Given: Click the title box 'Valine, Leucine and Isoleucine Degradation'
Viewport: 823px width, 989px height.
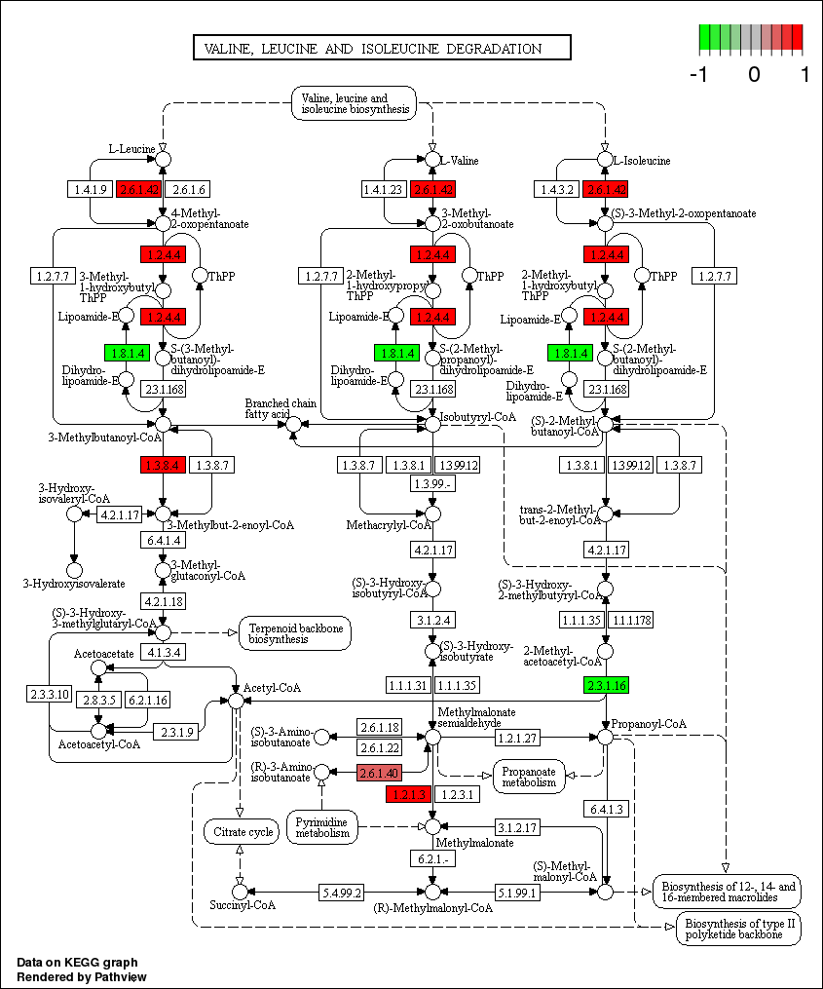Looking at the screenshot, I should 381,49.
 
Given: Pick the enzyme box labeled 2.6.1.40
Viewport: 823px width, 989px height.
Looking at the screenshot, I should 380,774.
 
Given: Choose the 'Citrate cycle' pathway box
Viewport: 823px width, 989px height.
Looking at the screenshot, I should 240,831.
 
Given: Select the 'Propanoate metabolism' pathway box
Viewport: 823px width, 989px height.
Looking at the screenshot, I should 529,775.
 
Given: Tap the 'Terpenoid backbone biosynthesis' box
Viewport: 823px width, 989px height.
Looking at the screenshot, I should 296,633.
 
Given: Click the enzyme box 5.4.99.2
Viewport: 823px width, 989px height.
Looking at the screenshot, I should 343,892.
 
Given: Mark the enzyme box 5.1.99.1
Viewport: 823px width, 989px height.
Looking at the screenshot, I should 517,892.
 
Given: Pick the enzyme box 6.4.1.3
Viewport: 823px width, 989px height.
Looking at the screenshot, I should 607,808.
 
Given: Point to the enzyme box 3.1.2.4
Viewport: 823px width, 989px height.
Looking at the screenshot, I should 433,619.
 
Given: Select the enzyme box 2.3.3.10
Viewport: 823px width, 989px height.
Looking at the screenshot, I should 50,693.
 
